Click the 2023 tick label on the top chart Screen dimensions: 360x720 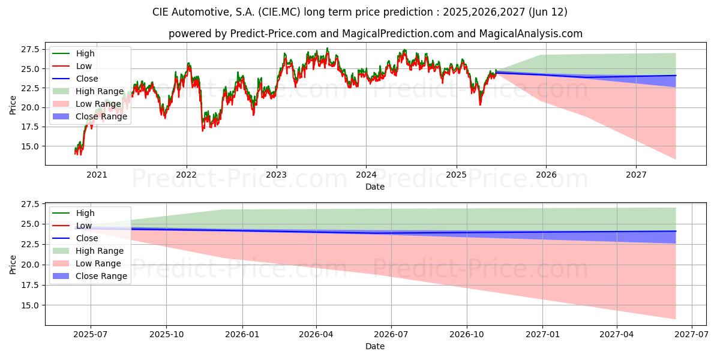click(x=276, y=175)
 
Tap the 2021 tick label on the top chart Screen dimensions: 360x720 click(x=97, y=175)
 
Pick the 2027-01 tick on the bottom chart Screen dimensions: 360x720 click(x=542, y=334)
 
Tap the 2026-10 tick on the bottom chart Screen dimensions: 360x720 click(x=467, y=334)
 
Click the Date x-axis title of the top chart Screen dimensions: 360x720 click(x=375, y=187)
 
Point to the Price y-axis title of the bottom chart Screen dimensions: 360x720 click(x=13, y=265)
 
